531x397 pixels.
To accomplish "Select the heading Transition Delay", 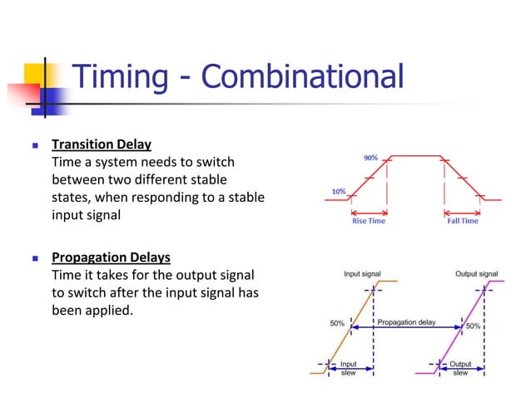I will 102,145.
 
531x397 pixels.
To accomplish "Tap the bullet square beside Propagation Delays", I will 35,257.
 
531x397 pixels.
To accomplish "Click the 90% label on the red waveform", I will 370,157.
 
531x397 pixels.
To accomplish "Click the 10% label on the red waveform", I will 338,191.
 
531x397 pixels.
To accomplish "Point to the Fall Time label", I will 463,221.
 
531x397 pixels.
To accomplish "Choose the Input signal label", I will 365,273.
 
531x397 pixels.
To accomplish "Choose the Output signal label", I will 476,273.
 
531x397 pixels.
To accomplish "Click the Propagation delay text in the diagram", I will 407,321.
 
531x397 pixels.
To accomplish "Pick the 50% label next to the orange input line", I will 337,324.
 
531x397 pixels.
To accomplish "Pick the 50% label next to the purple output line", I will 473,326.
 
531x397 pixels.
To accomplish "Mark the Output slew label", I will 459,368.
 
